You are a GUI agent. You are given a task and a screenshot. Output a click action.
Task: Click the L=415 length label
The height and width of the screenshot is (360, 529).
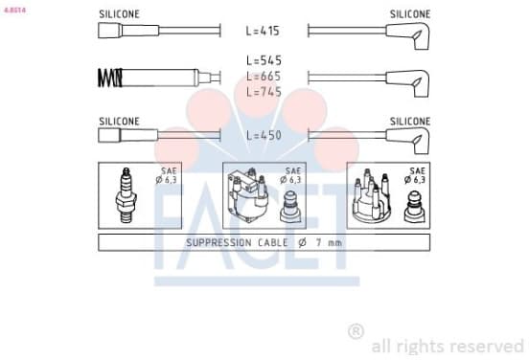click(x=263, y=31)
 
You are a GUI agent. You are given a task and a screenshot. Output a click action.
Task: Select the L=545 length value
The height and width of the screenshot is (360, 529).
click(x=264, y=60)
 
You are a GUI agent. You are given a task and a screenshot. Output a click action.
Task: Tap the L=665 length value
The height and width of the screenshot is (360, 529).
click(x=264, y=77)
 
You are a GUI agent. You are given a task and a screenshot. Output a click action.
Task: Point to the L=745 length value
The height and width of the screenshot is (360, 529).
click(x=264, y=92)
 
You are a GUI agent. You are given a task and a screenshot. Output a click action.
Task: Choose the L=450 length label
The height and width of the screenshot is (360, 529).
click(x=264, y=135)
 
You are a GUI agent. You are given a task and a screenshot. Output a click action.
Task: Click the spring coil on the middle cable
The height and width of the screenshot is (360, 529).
click(x=110, y=78)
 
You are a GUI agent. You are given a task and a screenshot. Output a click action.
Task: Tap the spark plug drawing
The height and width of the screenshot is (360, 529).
click(x=126, y=195)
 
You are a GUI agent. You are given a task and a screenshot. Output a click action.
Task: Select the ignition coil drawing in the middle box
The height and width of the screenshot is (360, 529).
click(x=247, y=195)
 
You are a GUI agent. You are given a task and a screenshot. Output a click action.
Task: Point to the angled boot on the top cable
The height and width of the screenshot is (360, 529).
click(x=409, y=34)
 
